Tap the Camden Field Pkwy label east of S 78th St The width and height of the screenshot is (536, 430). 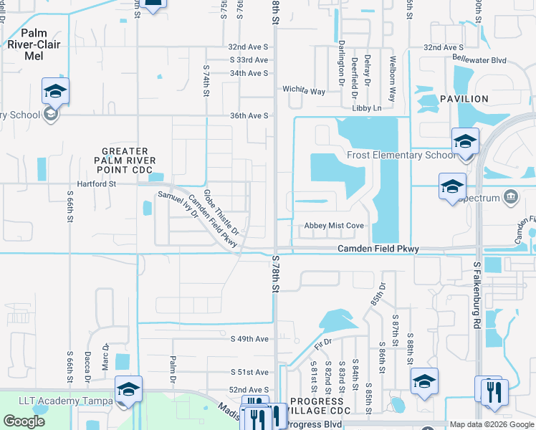(x=378, y=249)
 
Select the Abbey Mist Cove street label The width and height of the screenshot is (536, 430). (x=335, y=226)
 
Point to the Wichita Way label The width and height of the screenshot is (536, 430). (x=304, y=92)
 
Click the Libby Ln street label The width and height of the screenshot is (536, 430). (x=367, y=108)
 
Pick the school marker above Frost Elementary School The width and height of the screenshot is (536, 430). (x=465, y=140)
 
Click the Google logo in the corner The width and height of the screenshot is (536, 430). (x=24, y=421)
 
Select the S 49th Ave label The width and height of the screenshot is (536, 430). (x=248, y=338)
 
